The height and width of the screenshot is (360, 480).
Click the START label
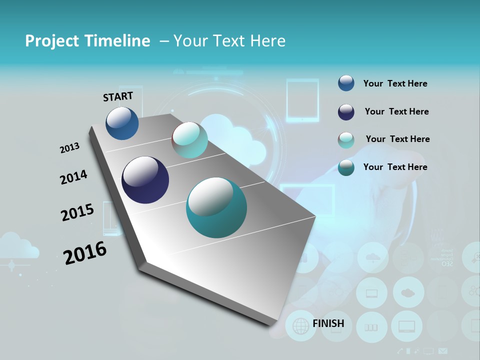click(118, 96)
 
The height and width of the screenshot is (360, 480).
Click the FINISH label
click(328, 323)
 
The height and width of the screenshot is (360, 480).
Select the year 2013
click(69, 148)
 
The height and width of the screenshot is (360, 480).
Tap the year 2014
click(73, 177)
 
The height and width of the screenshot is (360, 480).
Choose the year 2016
click(85, 253)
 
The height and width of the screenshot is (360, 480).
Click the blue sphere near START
click(122, 123)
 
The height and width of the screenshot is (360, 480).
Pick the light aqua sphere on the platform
click(190, 140)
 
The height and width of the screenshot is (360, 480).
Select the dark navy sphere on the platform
click(145, 180)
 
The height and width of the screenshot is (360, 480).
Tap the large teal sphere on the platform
click(216, 208)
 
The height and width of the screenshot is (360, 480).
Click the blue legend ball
click(346, 83)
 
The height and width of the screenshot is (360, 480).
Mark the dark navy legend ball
click(346, 112)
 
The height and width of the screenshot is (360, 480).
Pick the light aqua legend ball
click(346, 139)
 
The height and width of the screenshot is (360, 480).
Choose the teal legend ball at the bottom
click(346, 167)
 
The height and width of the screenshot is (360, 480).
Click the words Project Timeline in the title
click(87, 41)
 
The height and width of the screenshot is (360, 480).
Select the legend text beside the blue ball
click(395, 83)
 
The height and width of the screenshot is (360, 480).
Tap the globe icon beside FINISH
click(300, 326)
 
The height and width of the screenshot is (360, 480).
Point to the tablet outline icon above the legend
click(302, 100)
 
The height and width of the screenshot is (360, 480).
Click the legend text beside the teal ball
click(395, 167)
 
